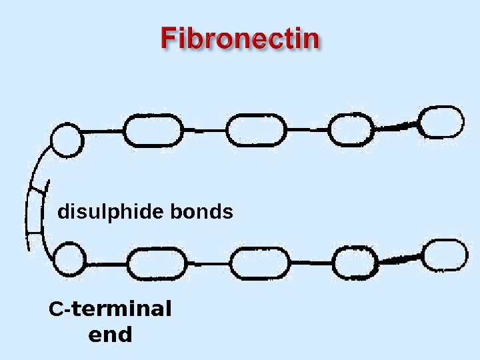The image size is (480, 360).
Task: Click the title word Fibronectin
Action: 240,39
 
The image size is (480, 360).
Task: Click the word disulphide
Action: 110,212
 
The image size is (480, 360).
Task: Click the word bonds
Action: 202,212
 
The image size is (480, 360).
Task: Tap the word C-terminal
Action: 110,309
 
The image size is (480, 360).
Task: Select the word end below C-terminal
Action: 110,335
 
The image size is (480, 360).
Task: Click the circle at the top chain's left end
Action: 67,140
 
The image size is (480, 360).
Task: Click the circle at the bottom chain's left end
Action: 69,259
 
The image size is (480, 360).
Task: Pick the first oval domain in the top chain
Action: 153,131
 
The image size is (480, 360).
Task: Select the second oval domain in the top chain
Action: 256,129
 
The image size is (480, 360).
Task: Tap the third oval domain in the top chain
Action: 352,129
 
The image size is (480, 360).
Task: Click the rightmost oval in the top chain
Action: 441,122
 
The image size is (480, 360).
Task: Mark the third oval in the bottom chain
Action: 355,263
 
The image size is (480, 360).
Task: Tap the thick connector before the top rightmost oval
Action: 397,125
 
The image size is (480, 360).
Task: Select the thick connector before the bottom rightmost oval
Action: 401,259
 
